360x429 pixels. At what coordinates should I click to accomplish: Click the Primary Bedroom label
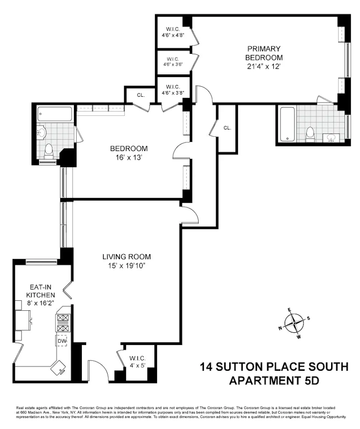click(x=264, y=53)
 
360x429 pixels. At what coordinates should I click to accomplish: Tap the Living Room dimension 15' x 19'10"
click(x=127, y=265)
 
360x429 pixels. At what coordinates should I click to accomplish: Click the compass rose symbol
click(x=296, y=323)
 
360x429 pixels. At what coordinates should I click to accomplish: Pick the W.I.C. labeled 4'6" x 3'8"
click(x=173, y=89)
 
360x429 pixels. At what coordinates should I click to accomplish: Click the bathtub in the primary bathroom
click(x=287, y=124)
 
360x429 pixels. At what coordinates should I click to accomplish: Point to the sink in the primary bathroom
click(x=331, y=139)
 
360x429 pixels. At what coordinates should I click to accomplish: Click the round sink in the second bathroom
click(x=43, y=131)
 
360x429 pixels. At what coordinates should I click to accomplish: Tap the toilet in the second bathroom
click(x=49, y=151)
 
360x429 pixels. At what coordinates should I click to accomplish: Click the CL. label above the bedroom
click(x=140, y=95)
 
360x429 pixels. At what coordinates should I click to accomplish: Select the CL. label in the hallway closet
click(x=227, y=128)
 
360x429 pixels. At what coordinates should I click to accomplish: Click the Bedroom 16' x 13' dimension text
click(x=129, y=158)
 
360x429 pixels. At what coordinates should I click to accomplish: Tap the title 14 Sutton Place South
click(x=274, y=366)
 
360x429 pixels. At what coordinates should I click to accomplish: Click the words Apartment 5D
click(x=274, y=380)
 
